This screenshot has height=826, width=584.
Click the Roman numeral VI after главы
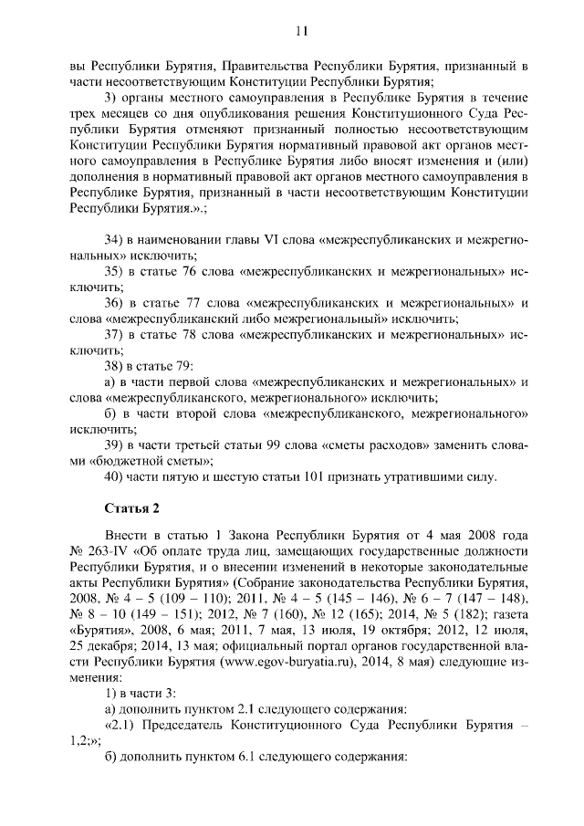coord(269,239)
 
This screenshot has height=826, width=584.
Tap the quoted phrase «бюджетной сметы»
coord(149,462)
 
